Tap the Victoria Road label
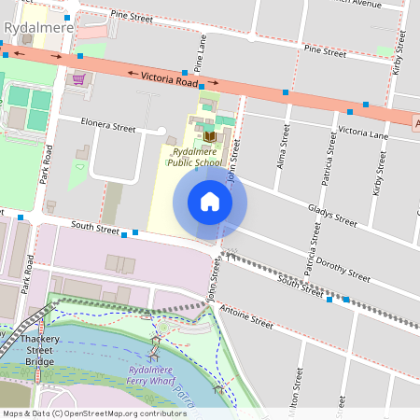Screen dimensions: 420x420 pos(166,81)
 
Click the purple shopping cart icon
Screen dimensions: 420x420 pos(79,78)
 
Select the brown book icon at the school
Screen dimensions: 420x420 pos(209,136)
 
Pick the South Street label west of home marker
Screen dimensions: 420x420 pos(96,227)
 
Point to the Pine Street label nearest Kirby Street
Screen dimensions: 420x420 pos(324,51)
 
